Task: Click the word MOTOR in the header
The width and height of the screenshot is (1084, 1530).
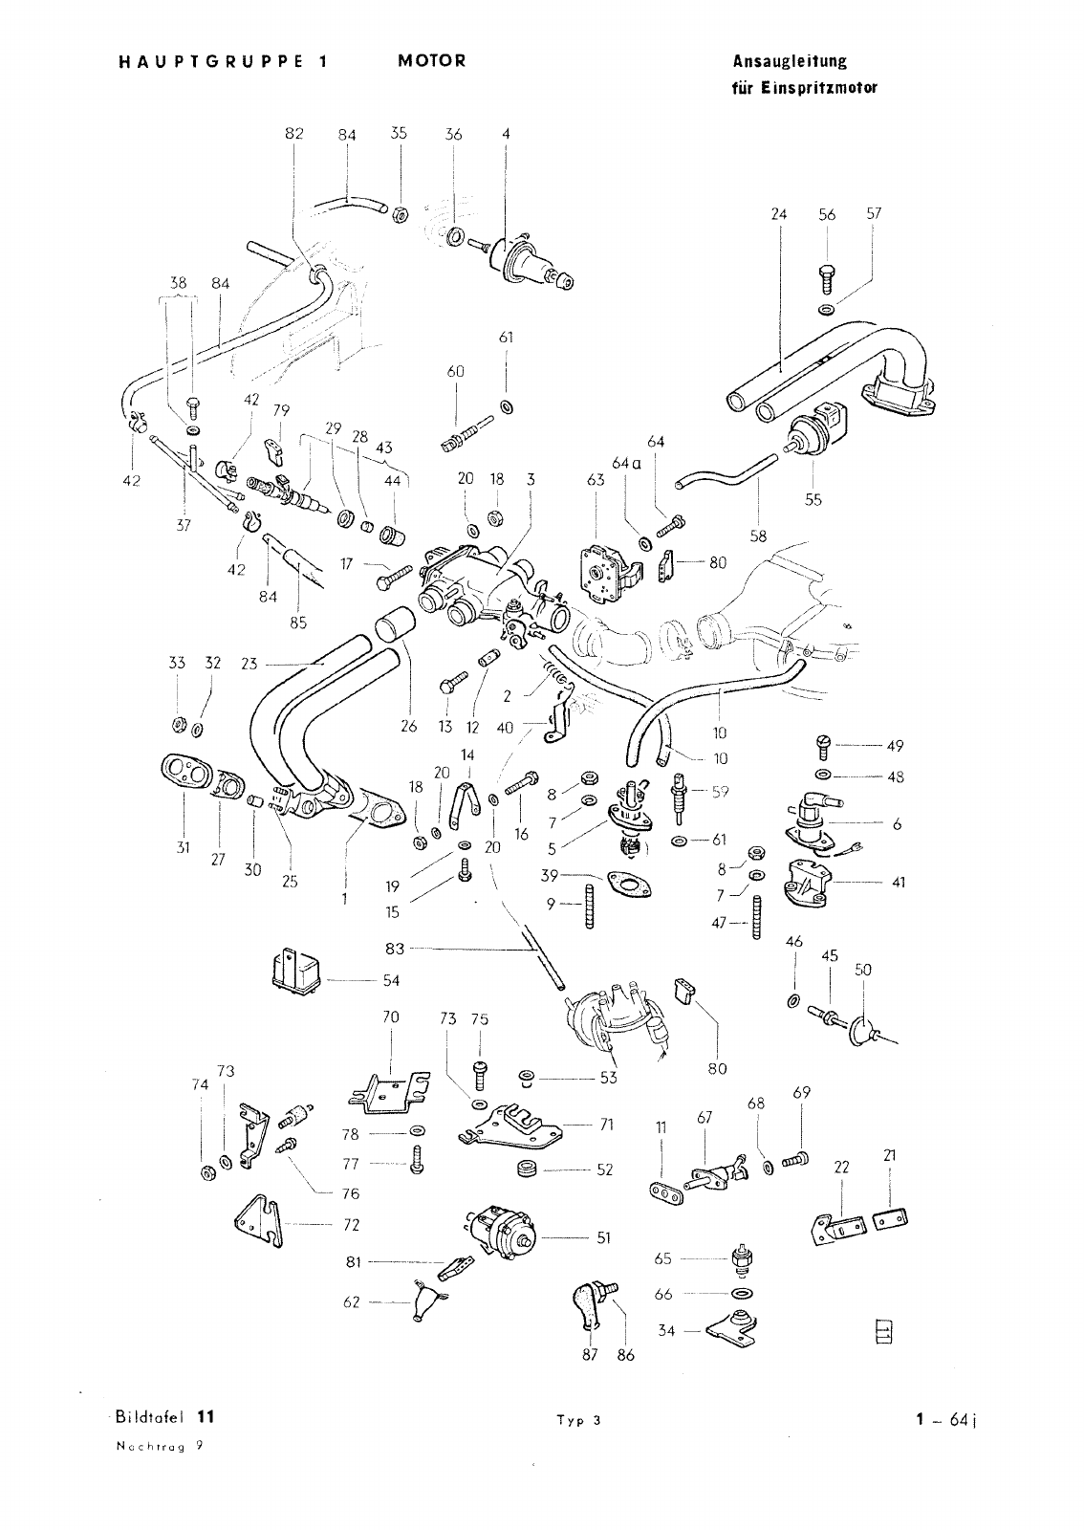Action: pos(431,61)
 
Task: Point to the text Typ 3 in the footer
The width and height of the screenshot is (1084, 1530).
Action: pos(579,1421)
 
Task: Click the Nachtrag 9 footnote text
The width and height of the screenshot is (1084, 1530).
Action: pos(159,1446)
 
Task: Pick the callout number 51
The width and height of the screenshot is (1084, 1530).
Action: pos(603,1237)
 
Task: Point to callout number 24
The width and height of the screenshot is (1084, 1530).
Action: pos(778,214)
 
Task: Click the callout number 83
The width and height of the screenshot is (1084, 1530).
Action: pos(395,948)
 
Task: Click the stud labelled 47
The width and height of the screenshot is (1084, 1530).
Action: pos(757,915)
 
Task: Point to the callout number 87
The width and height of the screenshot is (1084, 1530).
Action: pos(590,1354)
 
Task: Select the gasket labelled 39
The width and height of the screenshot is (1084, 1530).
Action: pos(625,884)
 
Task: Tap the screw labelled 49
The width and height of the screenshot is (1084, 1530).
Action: pos(824,745)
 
